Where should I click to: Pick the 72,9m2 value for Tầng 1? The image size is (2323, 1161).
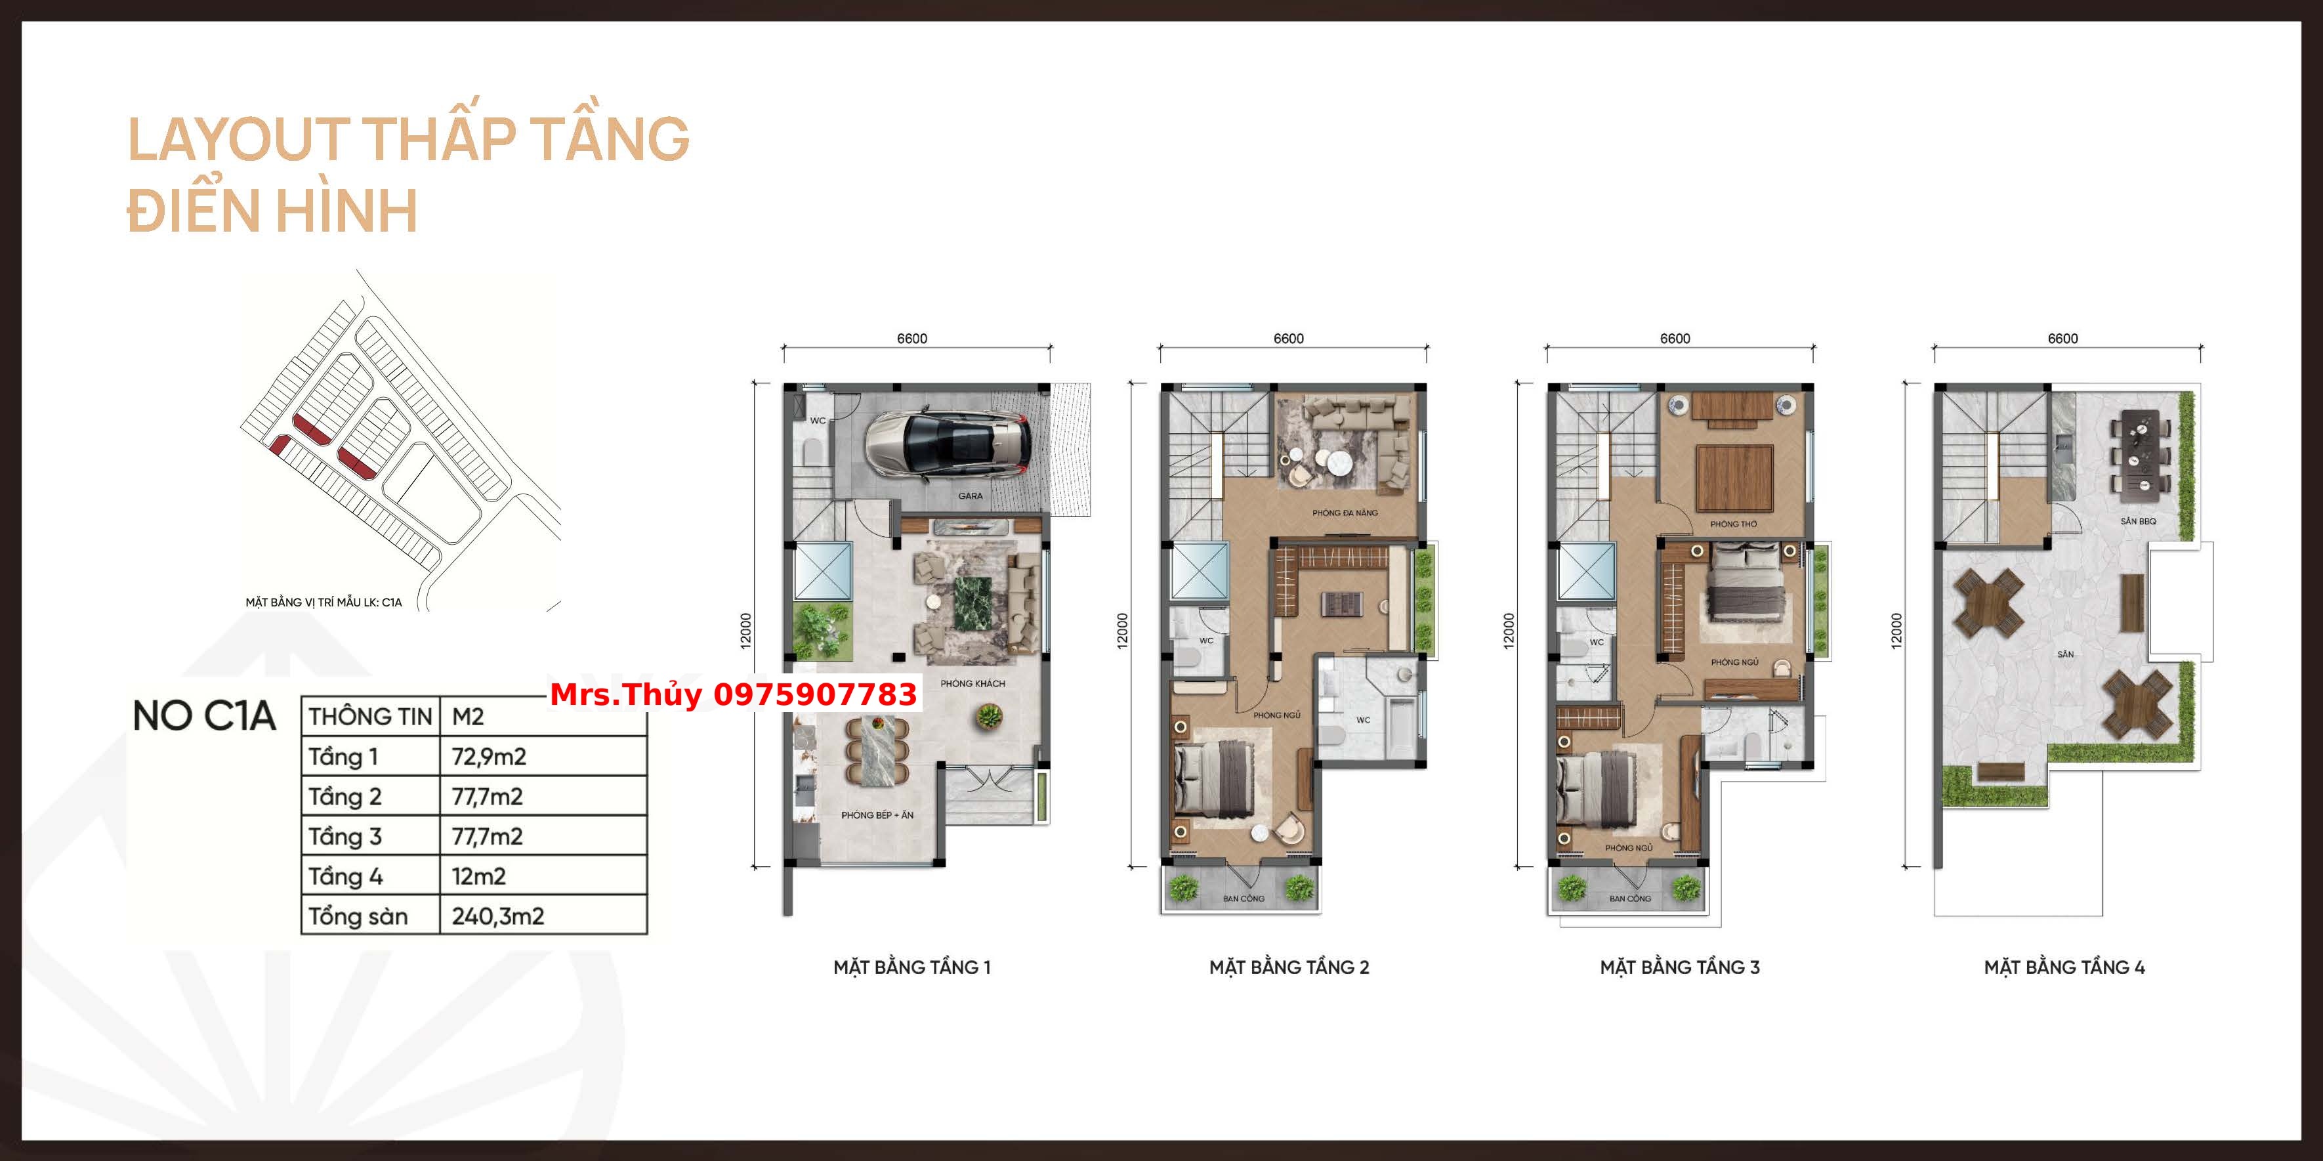click(x=489, y=756)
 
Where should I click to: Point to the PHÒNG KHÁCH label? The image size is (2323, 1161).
click(x=972, y=684)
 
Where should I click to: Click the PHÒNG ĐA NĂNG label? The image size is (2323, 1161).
click(x=1345, y=513)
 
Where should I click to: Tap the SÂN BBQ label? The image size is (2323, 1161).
click(x=2138, y=521)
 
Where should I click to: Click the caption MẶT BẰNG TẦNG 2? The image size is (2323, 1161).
click(x=1289, y=967)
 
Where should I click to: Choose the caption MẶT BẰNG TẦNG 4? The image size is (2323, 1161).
click(x=2064, y=967)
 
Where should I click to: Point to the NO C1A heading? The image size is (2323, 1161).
click(x=204, y=715)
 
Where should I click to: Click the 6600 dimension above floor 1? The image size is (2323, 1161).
click(x=911, y=338)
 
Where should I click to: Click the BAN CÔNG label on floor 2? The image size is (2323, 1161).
click(x=1244, y=898)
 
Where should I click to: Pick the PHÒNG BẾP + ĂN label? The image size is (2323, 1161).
click(x=877, y=814)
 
